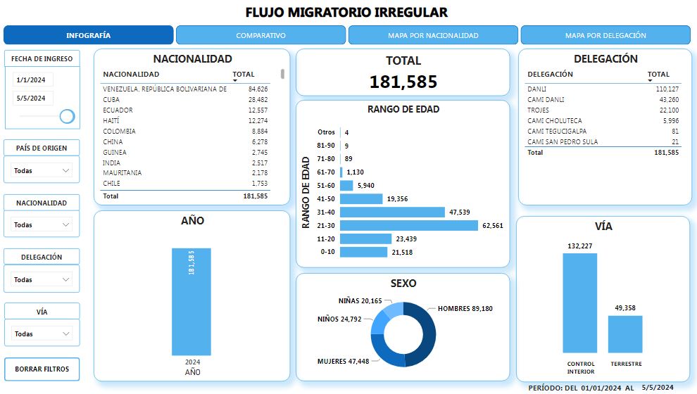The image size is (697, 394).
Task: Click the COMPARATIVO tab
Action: (260, 35)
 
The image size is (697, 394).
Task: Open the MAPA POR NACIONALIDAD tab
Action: (433, 35)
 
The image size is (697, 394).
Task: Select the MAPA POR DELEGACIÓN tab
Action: (605, 35)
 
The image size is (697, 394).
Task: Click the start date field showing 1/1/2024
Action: (32, 80)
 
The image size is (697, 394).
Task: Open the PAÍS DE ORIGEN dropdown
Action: (42, 170)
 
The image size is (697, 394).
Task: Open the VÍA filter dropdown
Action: (42, 333)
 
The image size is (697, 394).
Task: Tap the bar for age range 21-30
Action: (409, 225)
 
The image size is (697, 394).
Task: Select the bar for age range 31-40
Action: (392, 212)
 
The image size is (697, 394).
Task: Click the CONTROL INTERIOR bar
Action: (579, 303)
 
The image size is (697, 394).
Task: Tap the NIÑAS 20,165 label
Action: (360, 301)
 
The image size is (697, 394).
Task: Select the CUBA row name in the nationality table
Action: (112, 99)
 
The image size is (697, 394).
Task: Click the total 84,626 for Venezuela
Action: (258, 89)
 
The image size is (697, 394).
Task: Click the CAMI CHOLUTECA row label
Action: (554, 120)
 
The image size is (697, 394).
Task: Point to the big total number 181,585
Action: (403, 82)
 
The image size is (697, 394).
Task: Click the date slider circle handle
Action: (68, 116)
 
